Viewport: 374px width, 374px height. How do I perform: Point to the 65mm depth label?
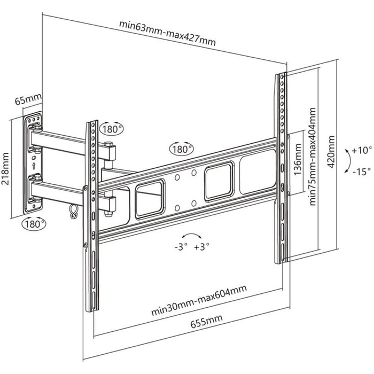point(28,99)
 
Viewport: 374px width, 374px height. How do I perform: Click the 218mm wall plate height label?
point(7,168)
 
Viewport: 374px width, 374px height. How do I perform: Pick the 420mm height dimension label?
point(332,151)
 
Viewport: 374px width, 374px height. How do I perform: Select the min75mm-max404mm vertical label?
point(311,155)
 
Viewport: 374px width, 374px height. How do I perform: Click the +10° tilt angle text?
point(361,151)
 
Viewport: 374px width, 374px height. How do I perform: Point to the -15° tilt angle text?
point(361,172)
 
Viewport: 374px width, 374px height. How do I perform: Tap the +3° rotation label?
point(202,247)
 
